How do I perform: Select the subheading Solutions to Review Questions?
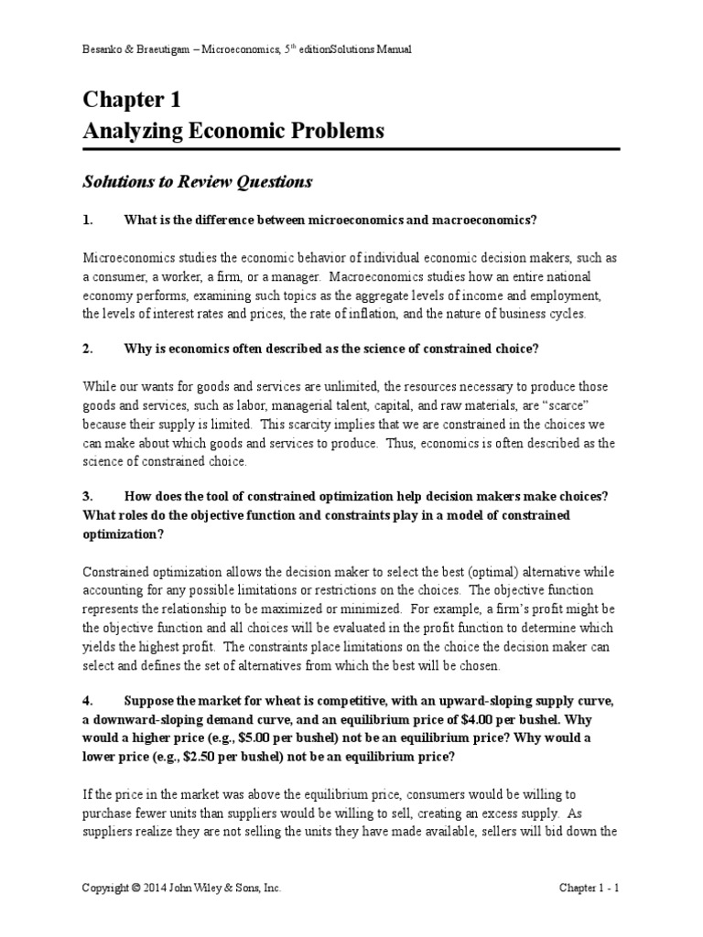tap(197, 182)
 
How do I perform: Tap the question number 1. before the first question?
tap(88, 220)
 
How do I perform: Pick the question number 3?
tap(88, 496)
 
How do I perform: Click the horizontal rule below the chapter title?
tap(351, 150)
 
